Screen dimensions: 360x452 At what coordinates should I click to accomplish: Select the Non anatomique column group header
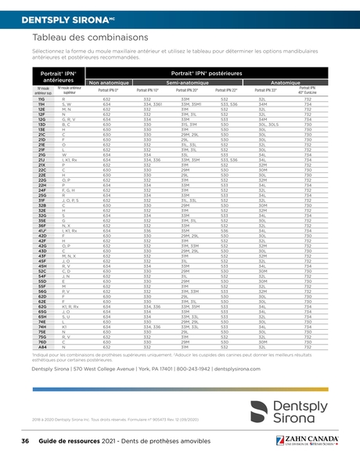(115, 82)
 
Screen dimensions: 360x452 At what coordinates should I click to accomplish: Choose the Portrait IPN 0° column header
(109, 89)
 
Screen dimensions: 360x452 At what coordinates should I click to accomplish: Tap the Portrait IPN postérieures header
(209, 72)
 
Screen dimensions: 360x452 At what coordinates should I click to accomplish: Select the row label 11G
(41, 99)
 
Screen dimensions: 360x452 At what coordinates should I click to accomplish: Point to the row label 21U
(41, 156)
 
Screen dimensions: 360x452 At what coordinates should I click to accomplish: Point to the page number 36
(25, 442)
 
